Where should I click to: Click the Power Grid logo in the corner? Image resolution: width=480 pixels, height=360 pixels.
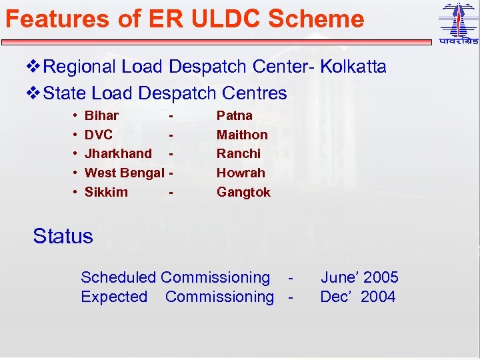coord(458,23)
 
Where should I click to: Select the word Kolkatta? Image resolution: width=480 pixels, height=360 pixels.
coord(353,67)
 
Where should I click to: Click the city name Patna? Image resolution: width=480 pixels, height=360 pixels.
coord(235,115)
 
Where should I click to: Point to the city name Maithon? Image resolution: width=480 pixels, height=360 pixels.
coord(242,135)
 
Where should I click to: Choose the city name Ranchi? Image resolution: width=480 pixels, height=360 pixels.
coord(239,153)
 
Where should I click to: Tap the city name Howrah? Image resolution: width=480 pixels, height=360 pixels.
coord(241,173)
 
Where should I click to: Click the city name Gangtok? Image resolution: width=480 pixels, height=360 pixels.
coord(243,192)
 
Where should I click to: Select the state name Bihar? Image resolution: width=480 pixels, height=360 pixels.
coord(101,115)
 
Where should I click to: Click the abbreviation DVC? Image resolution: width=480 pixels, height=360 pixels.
coord(99,135)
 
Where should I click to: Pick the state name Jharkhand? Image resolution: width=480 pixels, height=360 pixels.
coord(118,153)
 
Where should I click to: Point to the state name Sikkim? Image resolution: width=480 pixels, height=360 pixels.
coord(106,192)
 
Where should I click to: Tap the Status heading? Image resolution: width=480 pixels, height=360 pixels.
coord(63,236)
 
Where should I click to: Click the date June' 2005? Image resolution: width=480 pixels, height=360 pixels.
coord(359,277)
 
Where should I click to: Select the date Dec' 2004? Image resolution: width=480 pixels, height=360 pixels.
coord(358,297)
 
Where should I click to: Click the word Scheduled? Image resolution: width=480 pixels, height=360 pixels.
coord(118,277)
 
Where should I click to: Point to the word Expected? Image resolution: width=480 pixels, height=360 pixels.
coord(114,297)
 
